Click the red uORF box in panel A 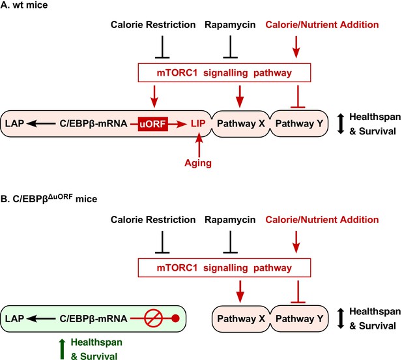pyautogui.click(x=153, y=124)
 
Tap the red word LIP pyautogui.click(x=198, y=124)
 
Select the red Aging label pyautogui.click(x=198, y=163)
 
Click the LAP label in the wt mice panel pyautogui.click(x=14, y=124)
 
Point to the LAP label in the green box pyautogui.click(x=14, y=319)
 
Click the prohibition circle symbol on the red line pyautogui.click(x=153, y=318)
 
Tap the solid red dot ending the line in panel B pyautogui.click(x=175, y=318)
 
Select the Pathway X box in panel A pyautogui.click(x=240, y=124)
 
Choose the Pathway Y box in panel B pyautogui.click(x=299, y=319)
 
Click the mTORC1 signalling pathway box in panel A pyautogui.click(x=224, y=72)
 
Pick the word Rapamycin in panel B pyautogui.click(x=230, y=220)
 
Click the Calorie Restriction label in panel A pyautogui.click(x=153, y=25)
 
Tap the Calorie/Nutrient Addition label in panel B pyautogui.click(x=322, y=220)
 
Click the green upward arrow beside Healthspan pyautogui.click(x=62, y=349)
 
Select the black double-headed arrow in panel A pyautogui.click(x=341, y=124)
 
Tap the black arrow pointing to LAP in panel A pyautogui.click(x=41, y=124)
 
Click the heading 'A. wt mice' pyautogui.click(x=24, y=5)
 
